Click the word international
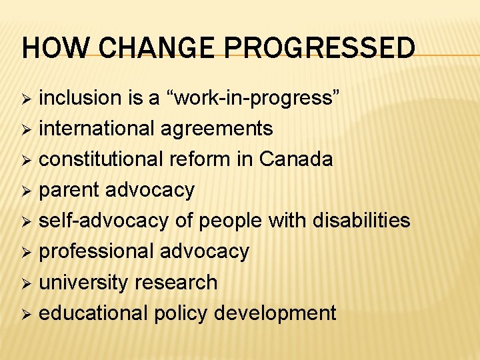click(x=98, y=128)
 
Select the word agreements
click(x=217, y=129)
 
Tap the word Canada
click(x=296, y=159)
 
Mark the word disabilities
click(x=361, y=221)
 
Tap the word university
click(x=84, y=282)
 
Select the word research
click(x=176, y=282)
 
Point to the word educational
click(x=93, y=313)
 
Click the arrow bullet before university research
click(x=27, y=283)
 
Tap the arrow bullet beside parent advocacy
click(x=27, y=191)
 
